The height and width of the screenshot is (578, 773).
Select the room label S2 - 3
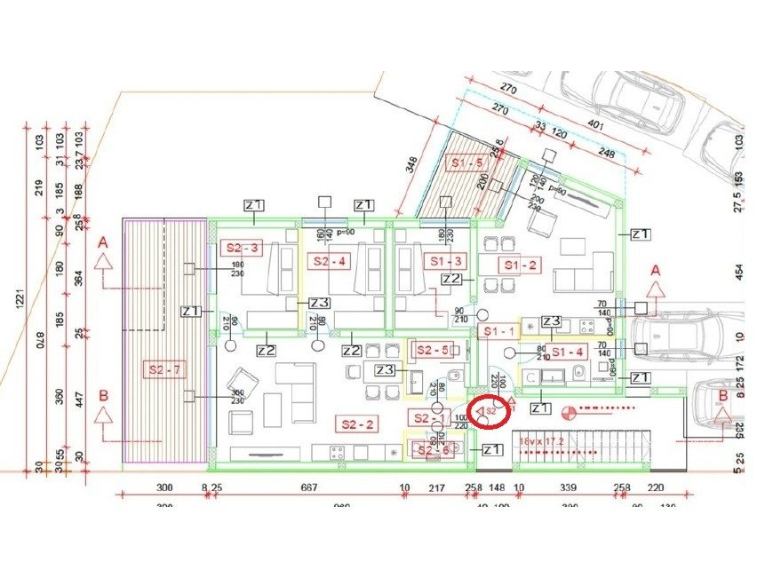click(x=241, y=248)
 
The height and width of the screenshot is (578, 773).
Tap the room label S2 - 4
click(x=330, y=261)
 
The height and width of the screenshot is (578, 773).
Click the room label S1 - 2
click(x=520, y=265)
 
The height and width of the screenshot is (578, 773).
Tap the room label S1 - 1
click(x=498, y=330)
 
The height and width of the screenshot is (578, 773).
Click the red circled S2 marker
click(x=489, y=412)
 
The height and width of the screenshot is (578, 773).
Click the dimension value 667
click(x=309, y=487)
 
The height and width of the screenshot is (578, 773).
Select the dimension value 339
click(x=570, y=487)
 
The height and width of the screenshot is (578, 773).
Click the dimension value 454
click(x=738, y=270)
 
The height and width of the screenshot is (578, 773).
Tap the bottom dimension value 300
click(x=163, y=487)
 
